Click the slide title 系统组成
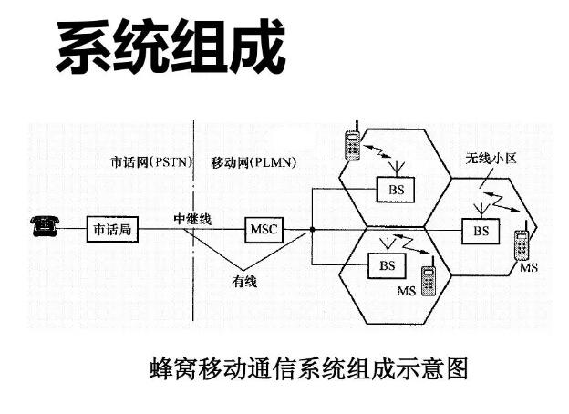pos(171,47)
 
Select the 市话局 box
pos(111,229)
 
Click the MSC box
pos(264,229)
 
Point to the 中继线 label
pos(192,219)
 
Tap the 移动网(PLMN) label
pos(259,162)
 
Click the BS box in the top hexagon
pos(394,190)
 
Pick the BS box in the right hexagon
pos(481,231)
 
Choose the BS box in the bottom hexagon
pos(387,265)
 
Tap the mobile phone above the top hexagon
pos(350,143)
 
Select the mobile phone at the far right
pos(522,247)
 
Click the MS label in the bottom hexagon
pos(406,291)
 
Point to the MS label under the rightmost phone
pos(529,271)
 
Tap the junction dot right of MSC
pos(312,229)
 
